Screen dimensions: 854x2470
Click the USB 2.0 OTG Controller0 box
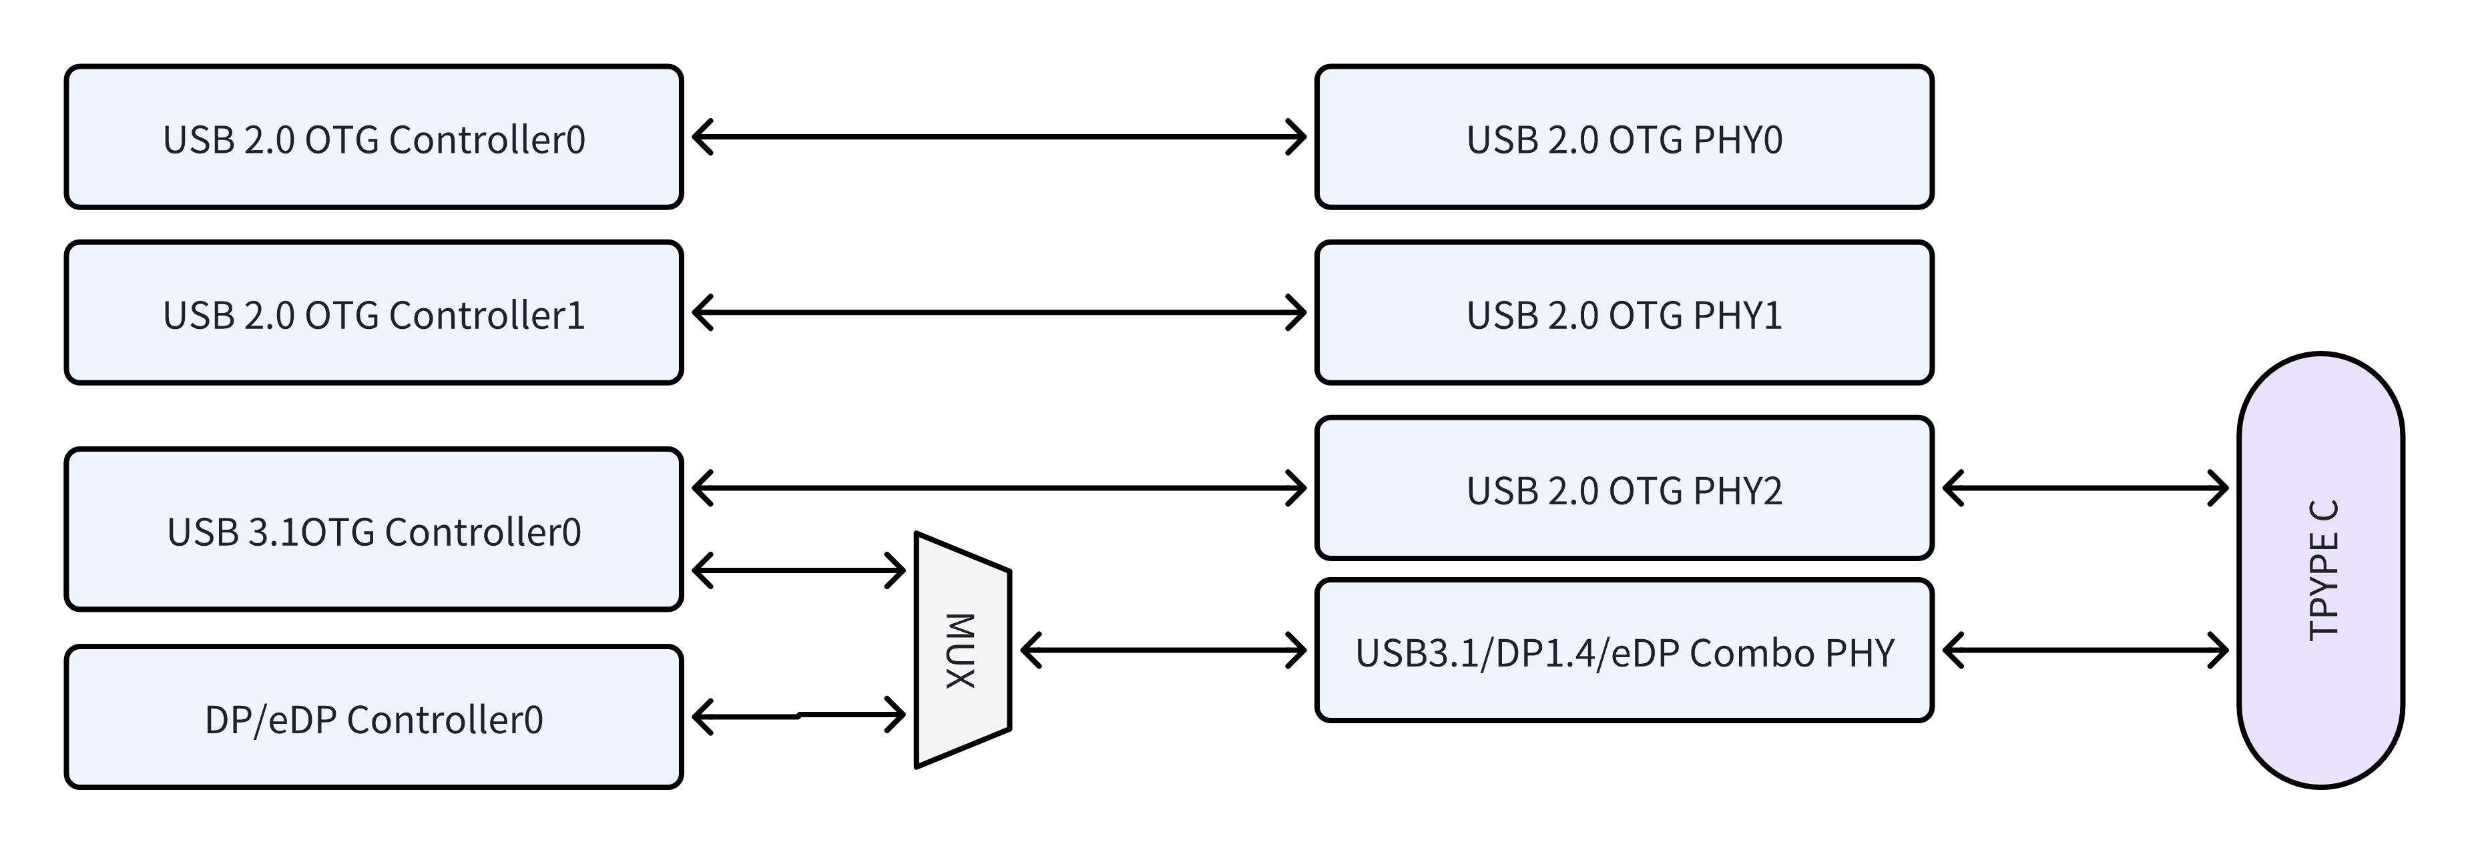pos(374,137)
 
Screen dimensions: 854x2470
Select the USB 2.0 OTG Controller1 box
pos(374,312)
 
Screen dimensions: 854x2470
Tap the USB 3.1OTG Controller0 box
pos(374,529)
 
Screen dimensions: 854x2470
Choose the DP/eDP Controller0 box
pos(374,717)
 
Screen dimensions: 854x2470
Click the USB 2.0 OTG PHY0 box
pos(1624,137)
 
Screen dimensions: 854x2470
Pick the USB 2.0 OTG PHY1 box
pos(1624,312)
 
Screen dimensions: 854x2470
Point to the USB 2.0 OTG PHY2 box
pos(1624,488)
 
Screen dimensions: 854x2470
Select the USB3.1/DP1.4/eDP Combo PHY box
pos(1624,651)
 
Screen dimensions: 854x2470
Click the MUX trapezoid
pos(963,651)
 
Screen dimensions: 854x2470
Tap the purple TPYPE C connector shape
pos(2320,570)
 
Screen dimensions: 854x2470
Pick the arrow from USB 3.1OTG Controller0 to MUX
pos(798,571)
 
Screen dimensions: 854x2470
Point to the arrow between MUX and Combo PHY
pos(1163,651)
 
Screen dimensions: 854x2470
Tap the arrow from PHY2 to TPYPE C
pos(2085,488)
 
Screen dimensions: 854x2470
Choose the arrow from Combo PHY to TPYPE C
pos(2085,651)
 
